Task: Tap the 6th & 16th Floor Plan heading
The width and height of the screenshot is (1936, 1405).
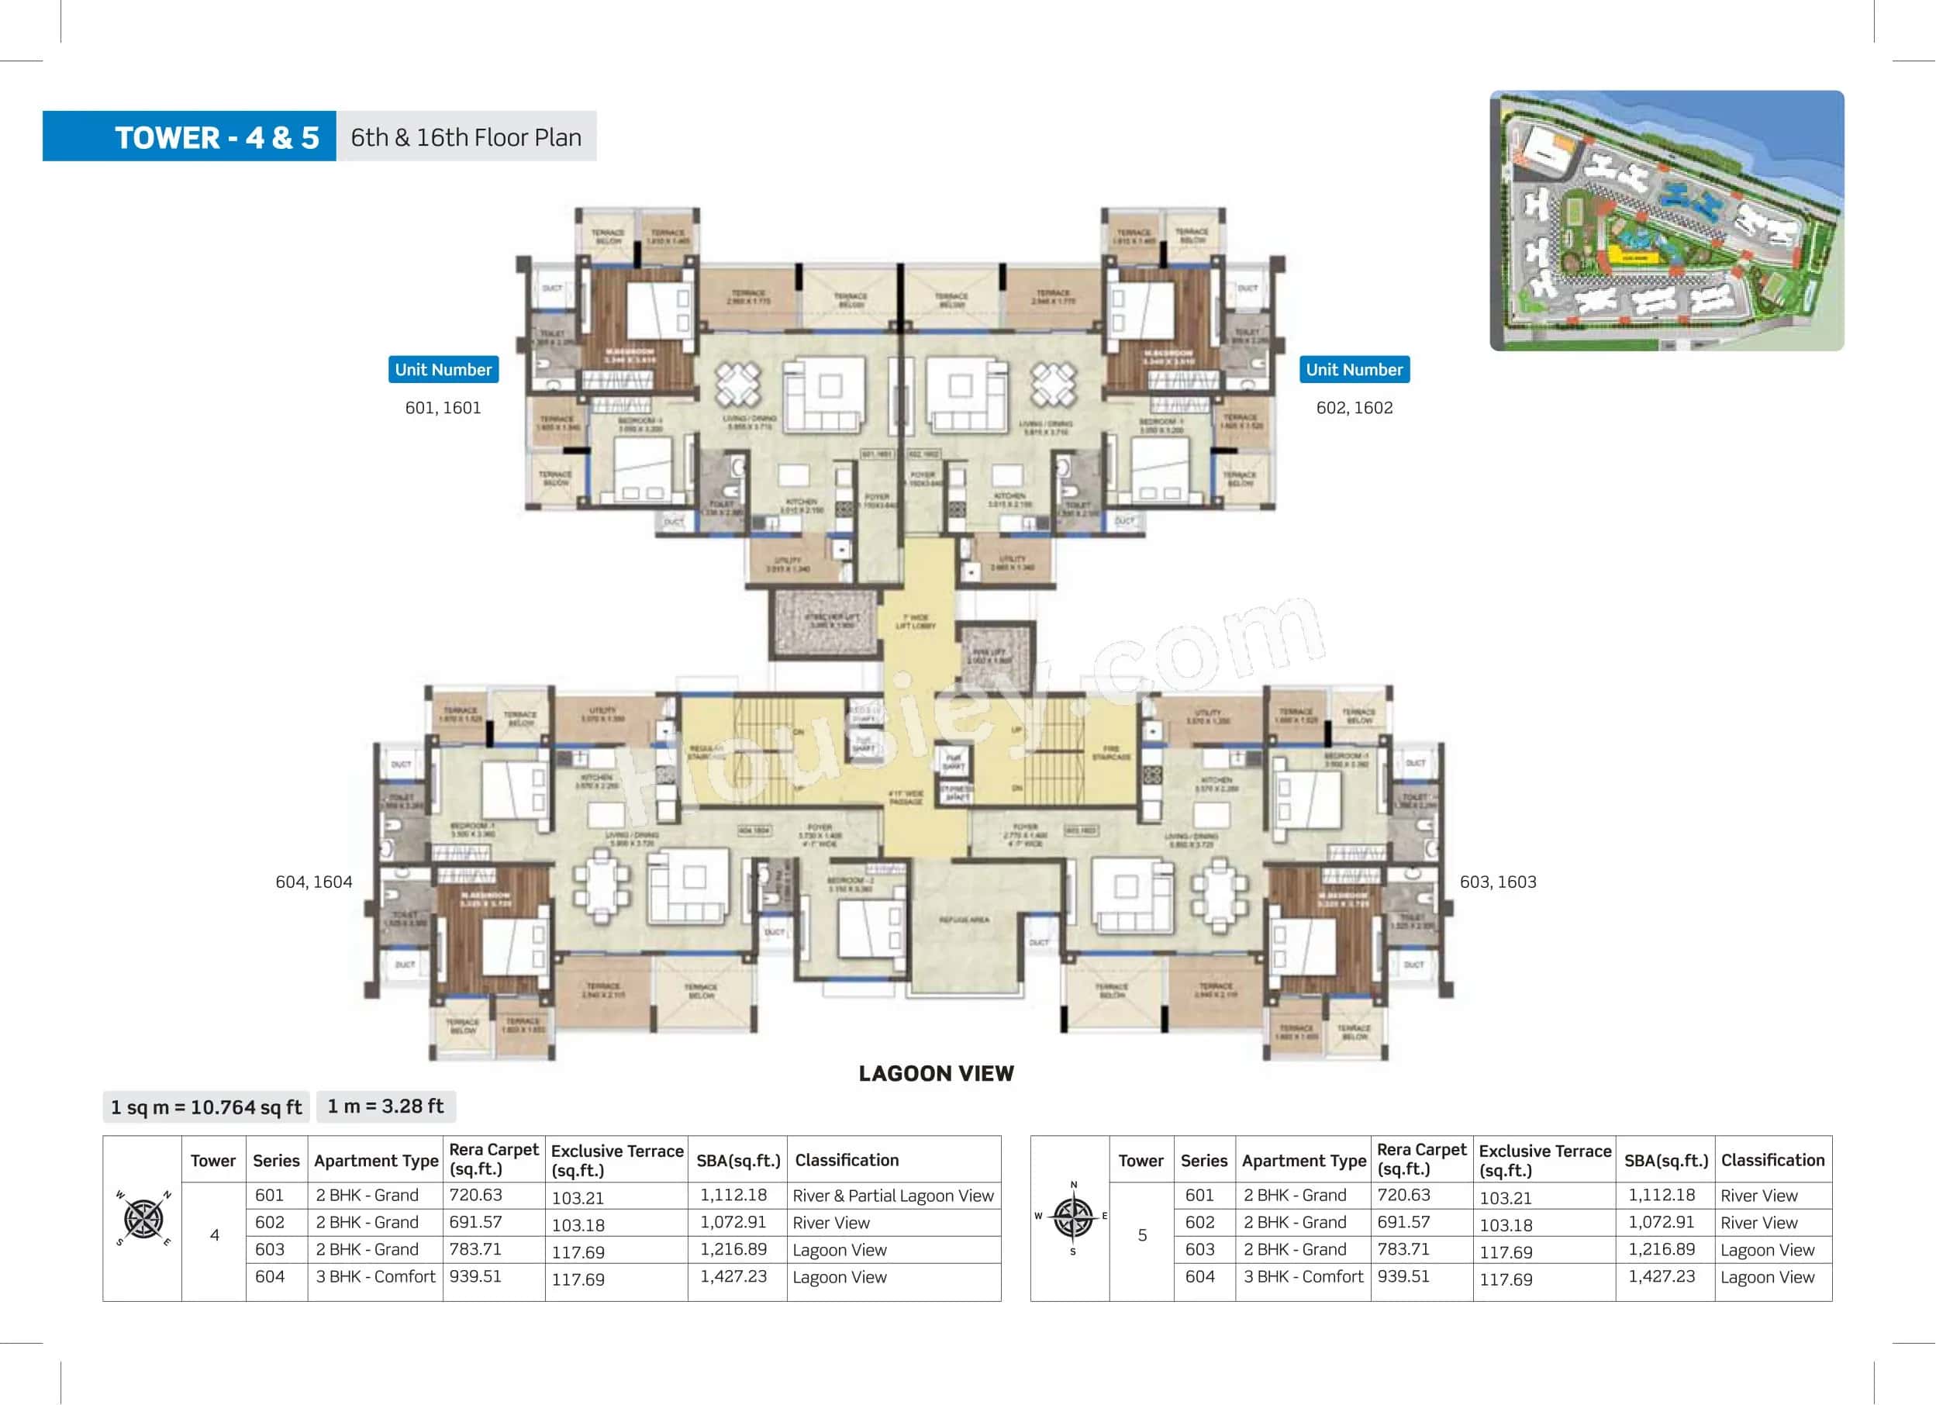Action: [466, 136]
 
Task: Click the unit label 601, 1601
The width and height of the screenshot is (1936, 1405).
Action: [442, 408]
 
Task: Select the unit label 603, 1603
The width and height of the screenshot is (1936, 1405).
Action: [1497, 882]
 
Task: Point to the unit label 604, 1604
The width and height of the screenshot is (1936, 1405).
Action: [313, 882]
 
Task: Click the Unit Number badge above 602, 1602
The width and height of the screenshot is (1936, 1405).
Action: [1354, 370]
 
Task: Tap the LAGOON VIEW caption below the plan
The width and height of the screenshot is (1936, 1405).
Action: [936, 1073]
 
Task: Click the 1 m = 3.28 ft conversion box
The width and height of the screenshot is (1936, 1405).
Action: [386, 1106]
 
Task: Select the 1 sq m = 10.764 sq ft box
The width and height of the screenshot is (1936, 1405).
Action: [205, 1107]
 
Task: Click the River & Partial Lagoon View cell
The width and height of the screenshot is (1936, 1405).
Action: [893, 1196]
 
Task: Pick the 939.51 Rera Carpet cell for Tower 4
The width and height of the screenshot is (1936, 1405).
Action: [475, 1276]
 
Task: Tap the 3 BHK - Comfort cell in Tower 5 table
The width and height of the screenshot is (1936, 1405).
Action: [1303, 1276]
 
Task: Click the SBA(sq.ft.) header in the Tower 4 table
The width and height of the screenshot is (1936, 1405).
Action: [737, 1160]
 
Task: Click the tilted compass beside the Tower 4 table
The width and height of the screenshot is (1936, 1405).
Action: [143, 1218]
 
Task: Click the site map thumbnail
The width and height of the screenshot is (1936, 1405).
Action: [1666, 220]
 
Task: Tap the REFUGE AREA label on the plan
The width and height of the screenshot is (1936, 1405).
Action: [964, 920]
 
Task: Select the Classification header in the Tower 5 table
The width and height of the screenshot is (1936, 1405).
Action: [1772, 1160]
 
